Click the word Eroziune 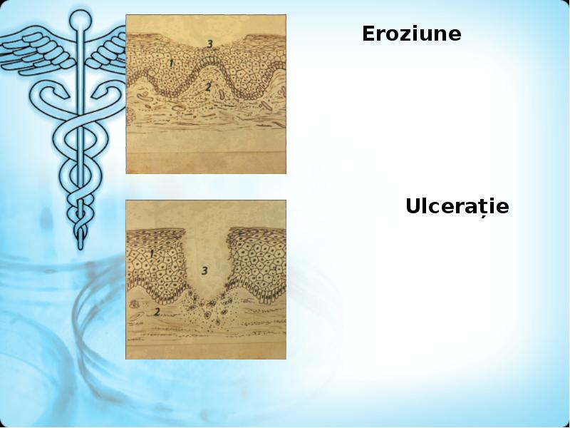[411, 34]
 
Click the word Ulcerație [457, 207]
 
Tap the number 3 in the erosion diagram [209, 44]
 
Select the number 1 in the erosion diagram [171, 63]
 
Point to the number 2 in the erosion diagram [207, 86]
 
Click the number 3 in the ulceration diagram [204, 270]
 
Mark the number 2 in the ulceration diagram [156, 312]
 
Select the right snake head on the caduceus [107, 93]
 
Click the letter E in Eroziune [368, 34]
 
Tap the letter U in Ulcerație [413, 207]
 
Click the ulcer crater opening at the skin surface [204, 235]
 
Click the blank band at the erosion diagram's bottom [206, 163]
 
